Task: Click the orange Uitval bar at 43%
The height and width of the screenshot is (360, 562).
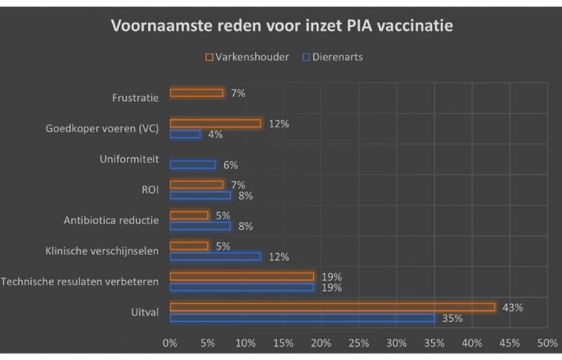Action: tap(332, 307)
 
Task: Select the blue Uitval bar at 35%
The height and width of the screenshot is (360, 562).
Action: tap(302, 318)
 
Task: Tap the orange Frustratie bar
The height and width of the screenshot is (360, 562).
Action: tap(196, 92)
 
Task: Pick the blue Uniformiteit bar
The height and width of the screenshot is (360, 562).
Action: tap(193, 164)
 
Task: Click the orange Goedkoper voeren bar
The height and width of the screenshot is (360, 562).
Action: tap(215, 123)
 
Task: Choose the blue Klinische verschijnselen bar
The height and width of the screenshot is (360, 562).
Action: tap(215, 256)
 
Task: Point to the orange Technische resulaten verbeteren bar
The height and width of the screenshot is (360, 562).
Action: tap(242, 276)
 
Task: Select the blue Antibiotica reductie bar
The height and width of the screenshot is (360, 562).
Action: tap(200, 226)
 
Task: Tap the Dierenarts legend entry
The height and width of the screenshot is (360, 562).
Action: tap(332, 57)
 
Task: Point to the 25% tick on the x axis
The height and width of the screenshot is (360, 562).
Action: tap(359, 342)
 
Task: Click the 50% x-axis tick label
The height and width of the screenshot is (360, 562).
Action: tap(547, 342)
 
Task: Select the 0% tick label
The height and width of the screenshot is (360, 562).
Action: tap(170, 342)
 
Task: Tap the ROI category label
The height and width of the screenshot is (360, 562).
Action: tap(150, 190)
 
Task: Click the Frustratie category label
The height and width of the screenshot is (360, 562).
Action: tap(135, 98)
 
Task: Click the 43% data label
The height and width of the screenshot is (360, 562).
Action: tap(512, 307)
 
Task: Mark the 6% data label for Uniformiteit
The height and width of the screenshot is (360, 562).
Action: tap(230, 165)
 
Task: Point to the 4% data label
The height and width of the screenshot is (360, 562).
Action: tap(215, 134)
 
